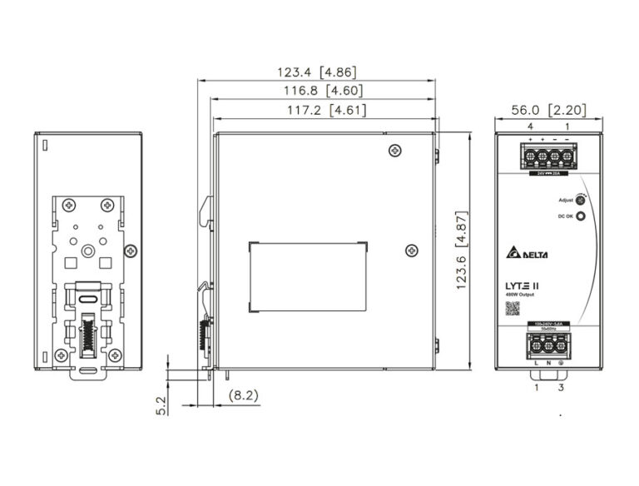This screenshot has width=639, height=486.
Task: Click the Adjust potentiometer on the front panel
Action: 580,200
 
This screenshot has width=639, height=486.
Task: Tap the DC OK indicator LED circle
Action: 580,216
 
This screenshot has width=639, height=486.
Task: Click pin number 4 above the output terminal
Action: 530,126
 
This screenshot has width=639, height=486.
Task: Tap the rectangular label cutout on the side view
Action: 307,275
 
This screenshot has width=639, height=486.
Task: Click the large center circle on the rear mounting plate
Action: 87,248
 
